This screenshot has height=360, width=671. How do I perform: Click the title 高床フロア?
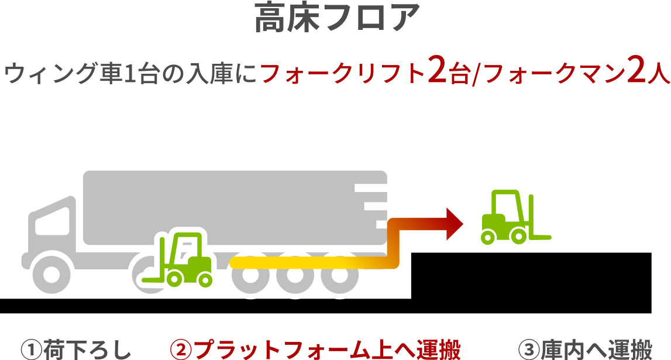336,19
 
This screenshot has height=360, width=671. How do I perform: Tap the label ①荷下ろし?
75,349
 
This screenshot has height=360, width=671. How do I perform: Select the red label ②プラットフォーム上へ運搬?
315,349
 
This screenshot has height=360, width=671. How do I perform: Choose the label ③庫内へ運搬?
585,349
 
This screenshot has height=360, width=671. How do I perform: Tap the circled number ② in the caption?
180,350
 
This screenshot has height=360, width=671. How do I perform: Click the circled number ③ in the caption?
529,350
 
